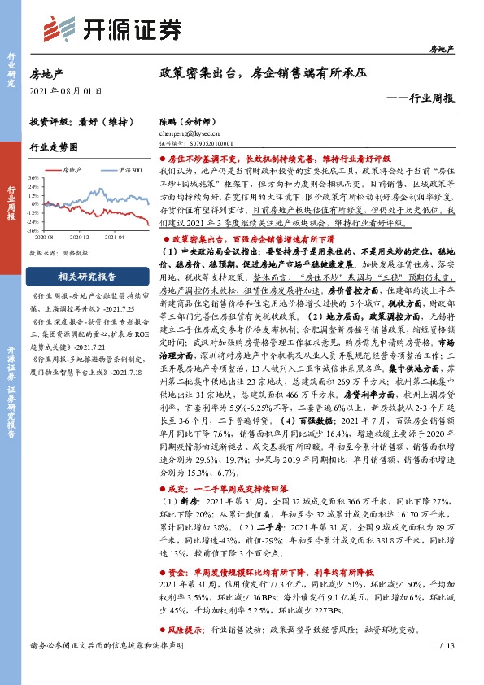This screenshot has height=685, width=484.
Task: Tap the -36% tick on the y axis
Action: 33,230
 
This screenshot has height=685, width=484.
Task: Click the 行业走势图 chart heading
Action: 54,147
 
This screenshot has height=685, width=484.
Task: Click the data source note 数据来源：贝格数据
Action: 59,253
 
